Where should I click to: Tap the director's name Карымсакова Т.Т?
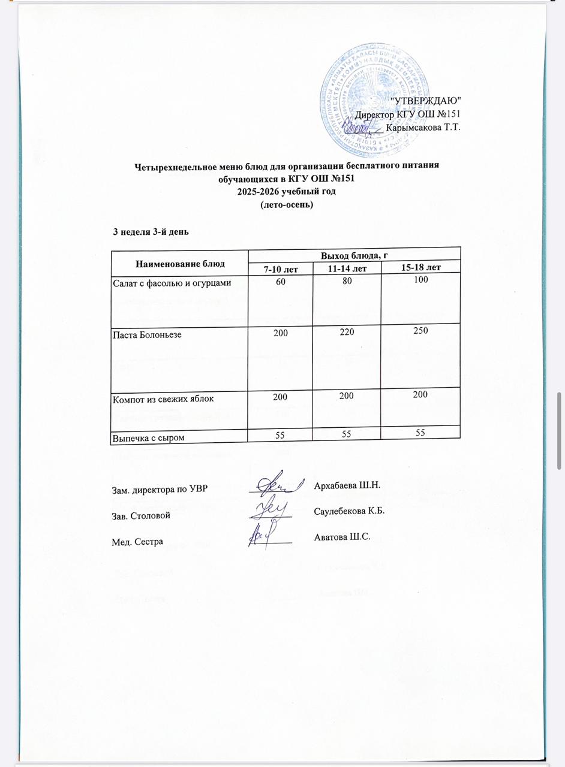423,127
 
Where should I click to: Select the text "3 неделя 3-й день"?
152,231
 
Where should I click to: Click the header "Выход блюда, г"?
354,255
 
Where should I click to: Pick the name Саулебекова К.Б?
348,511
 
